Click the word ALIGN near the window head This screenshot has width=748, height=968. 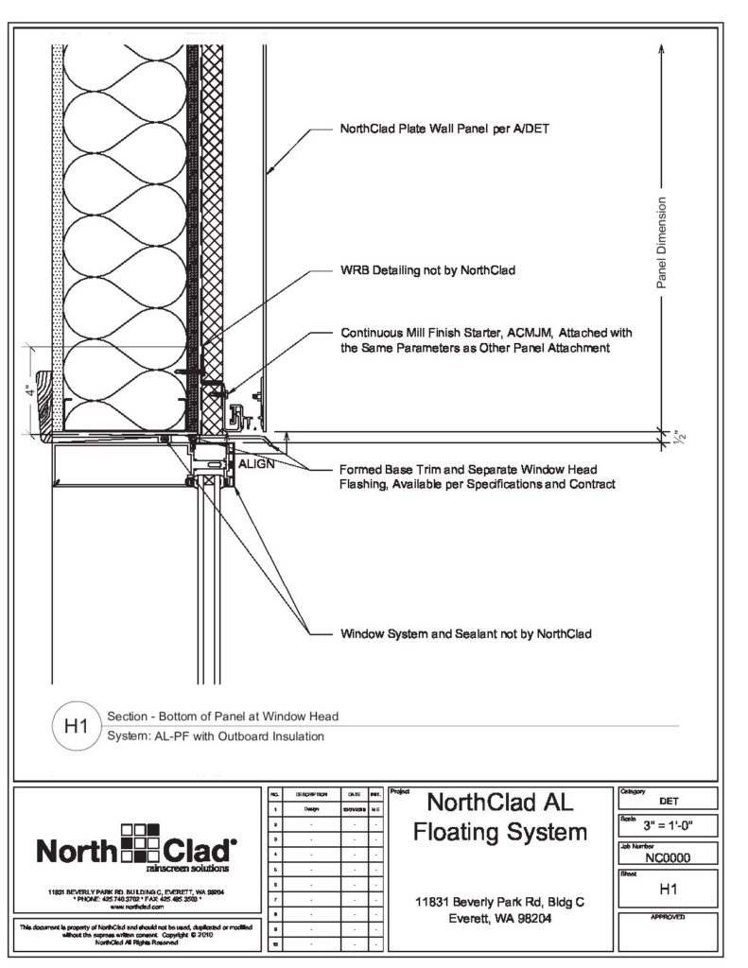click(x=255, y=465)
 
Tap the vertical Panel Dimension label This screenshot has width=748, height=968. click(x=661, y=242)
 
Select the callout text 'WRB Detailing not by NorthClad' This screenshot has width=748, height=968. click(x=427, y=271)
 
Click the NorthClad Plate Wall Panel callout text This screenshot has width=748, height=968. click(x=439, y=130)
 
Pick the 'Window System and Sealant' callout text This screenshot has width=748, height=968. click(x=465, y=633)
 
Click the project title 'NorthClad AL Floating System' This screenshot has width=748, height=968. click(x=500, y=818)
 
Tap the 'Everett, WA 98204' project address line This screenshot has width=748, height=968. click(x=500, y=918)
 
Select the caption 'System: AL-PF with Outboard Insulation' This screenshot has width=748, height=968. click(x=217, y=735)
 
